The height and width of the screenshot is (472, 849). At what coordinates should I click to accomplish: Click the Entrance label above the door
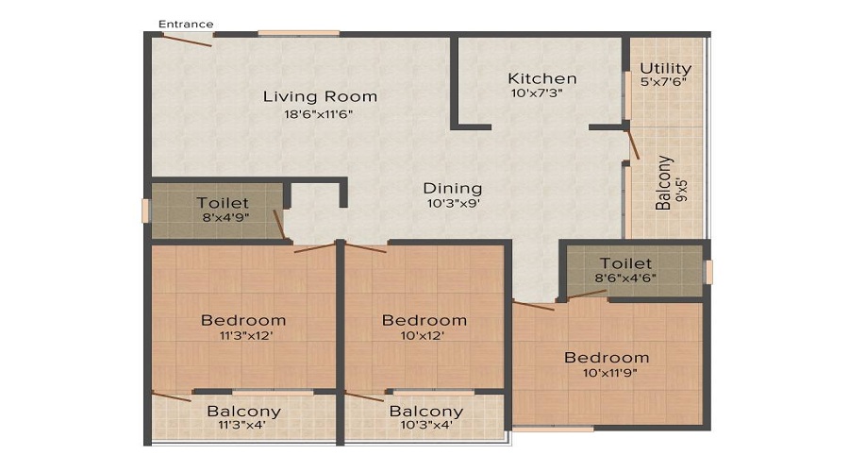tap(186, 24)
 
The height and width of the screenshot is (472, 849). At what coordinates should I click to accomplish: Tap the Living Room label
tap(320, 96)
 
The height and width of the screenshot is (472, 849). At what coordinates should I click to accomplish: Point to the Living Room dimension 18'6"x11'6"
tap(319, 114)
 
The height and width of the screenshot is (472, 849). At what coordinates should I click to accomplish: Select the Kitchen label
tap(542, 78)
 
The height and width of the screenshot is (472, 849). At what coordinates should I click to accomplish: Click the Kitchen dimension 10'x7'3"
tap(537, 93)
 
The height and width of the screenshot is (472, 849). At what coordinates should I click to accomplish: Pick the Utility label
tap(665, 69)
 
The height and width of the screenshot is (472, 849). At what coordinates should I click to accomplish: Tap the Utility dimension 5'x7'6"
tap(664, 82)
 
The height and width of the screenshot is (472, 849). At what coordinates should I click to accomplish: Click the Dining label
tap(453, 189)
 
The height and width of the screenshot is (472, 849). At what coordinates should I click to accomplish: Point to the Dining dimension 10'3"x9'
tap(454, 204)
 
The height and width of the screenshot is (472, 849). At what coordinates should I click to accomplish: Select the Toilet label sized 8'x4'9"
tap(223, 203)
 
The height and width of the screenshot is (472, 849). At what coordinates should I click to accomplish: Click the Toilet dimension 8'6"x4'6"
tap(625, 278)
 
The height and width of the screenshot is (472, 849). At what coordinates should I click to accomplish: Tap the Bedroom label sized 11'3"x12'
tap(243, 320)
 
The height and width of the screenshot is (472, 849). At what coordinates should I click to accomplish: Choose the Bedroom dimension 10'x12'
tap(423, 335)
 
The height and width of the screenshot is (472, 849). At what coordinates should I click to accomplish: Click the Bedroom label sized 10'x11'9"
tap(607, 358)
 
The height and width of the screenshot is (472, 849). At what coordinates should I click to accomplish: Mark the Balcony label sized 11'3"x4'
tap(243, 412)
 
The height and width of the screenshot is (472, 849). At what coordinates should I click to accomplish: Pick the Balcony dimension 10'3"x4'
tap(426, 425)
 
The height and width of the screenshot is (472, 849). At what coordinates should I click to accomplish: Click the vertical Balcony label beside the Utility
tap(664, 183)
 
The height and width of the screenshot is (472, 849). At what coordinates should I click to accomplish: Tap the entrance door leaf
tap(187, 41)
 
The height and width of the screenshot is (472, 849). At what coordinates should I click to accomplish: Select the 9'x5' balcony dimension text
tap(683, 190)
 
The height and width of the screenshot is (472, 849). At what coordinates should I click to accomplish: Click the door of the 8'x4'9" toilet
tap(279, 225)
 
